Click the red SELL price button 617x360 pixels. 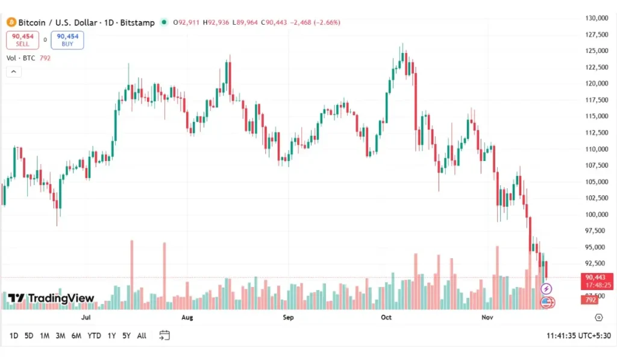22,40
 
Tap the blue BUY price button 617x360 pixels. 67,40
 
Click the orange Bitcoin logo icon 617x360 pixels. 10,22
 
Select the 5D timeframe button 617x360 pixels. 29,336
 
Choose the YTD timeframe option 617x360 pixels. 94,336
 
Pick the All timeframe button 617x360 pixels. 142,336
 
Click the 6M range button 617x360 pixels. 76,336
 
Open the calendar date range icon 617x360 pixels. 164,336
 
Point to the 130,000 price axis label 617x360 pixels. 597,18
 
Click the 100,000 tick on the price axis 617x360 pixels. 597,215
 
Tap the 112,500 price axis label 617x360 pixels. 597,133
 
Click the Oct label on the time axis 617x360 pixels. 386,317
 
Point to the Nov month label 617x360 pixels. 487,317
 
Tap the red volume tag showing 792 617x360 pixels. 590,300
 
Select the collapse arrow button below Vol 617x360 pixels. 13,72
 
